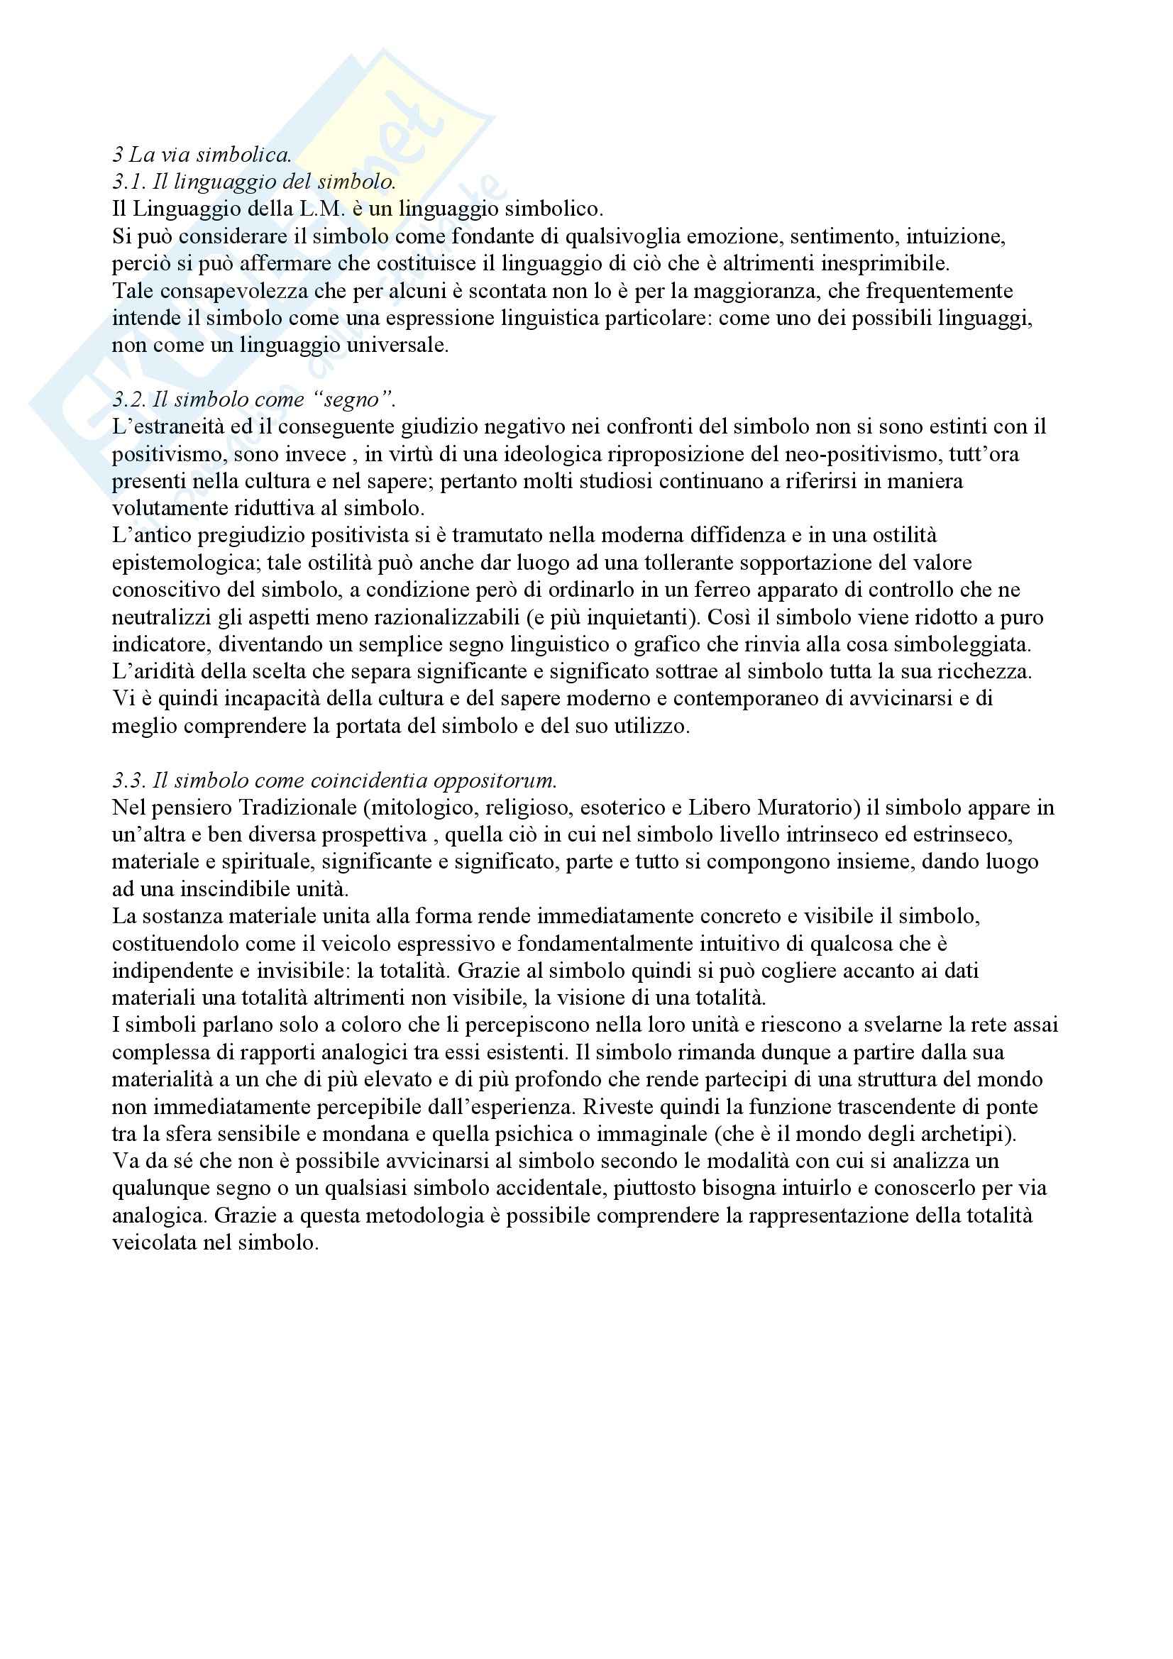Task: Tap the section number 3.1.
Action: pyautogui.click(x=131, y=182)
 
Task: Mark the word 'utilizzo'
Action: pyautogui.click(x=648, y=726)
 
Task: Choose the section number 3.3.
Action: pyautogui.click(x=131, y=781)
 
